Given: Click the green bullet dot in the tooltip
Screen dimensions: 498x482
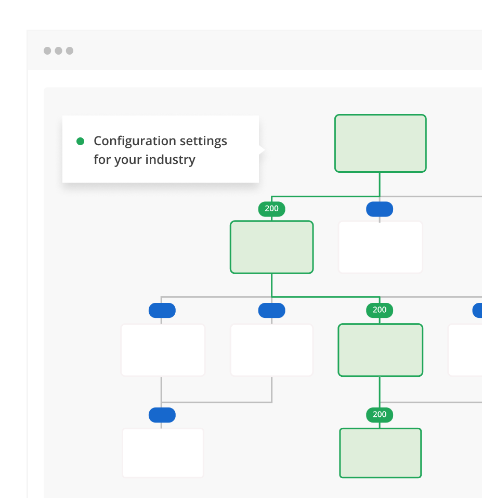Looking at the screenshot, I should click(x=80, y=141).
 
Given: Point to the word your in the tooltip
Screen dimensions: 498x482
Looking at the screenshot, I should click(x=128, y=159).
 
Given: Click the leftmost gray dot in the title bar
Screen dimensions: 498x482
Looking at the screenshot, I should click(x=47, y=50).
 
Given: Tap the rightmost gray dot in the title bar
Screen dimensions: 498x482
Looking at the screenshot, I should click(x=70, y=50).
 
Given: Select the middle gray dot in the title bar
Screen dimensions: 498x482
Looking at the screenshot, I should click(x=58, y=50).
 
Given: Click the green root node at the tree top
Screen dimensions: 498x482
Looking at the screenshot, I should click(x=380, y=143).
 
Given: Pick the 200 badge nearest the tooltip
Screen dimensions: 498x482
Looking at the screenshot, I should click(x=271, y=209).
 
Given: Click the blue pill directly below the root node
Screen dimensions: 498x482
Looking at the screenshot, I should click(x=380, y=209).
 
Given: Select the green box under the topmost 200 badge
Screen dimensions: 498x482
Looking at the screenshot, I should click(x=271, y=247).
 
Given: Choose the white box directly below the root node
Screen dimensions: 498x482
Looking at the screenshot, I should click(x=380, y=247).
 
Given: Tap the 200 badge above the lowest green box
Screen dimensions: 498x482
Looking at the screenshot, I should click(x=380, y=414).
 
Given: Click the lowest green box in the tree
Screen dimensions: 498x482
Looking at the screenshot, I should click(x=380, y=453).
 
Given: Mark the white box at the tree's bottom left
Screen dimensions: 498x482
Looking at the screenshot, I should click(x=163, y=453).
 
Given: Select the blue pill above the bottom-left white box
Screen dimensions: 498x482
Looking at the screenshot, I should click(x=162, y=415).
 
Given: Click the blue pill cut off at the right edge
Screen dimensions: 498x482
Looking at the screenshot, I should click(x=477, y=311).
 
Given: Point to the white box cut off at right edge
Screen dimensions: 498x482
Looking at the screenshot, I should click(x=465, y=350).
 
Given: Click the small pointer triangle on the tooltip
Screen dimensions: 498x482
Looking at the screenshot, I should click(x=262, y=150).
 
